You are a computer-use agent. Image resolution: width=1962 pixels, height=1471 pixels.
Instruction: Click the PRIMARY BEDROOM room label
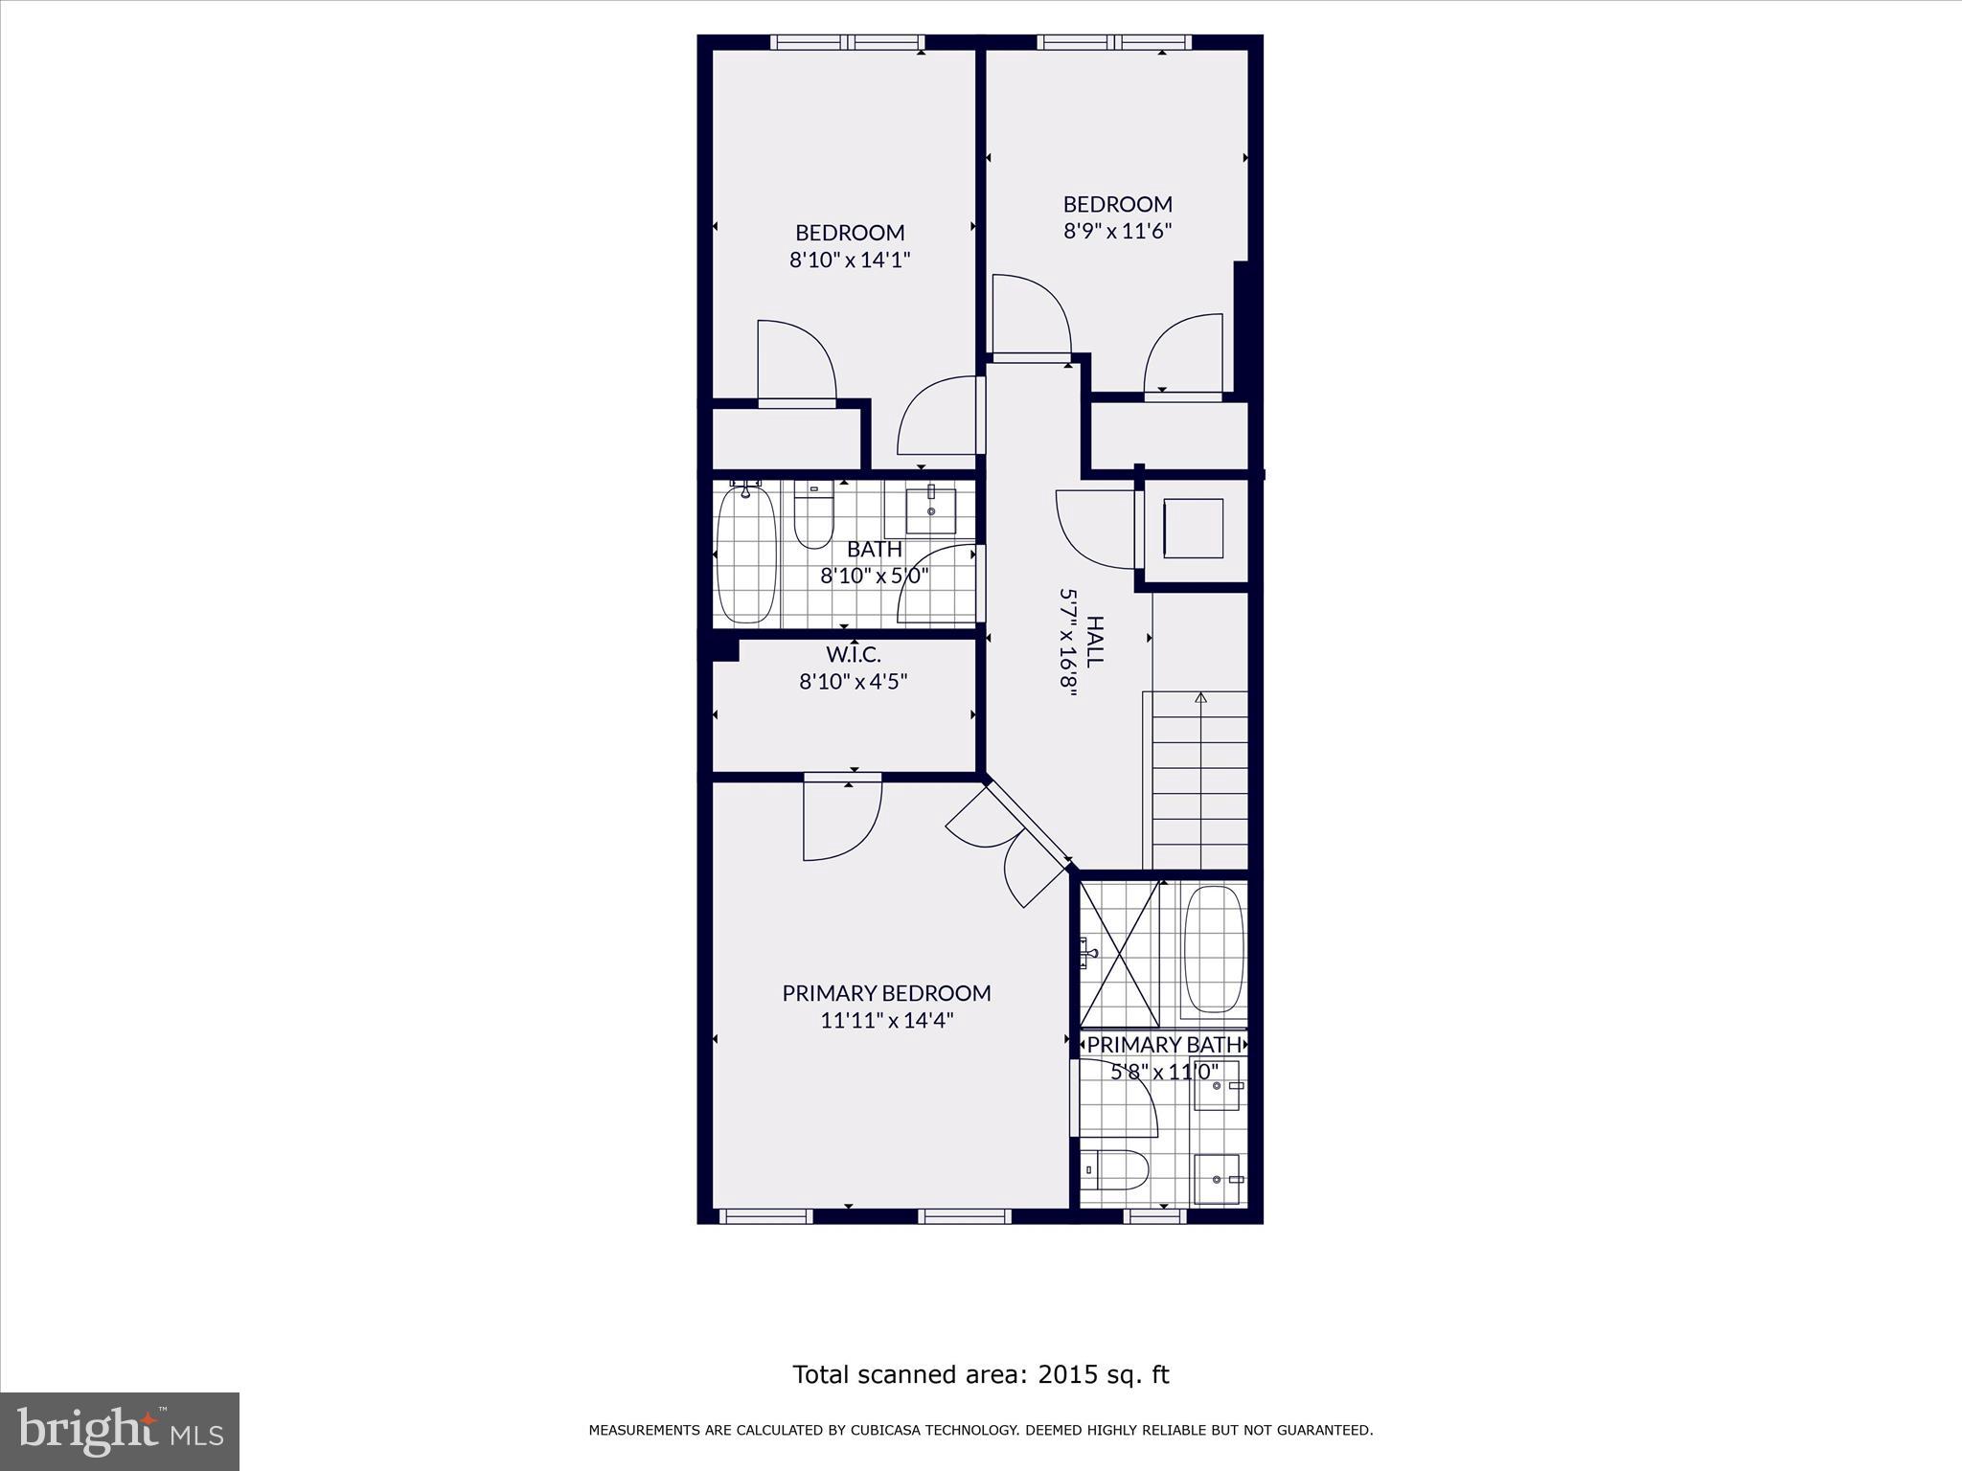point(886,993)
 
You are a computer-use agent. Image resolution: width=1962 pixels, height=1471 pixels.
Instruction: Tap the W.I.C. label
point(853,655)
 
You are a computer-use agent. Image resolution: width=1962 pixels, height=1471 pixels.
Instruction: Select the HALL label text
point(1095,642)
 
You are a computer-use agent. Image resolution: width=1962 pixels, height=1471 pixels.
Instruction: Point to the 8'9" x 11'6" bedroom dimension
point(1118,231)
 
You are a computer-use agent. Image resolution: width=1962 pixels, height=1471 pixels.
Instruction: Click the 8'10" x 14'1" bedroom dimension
point(850,260)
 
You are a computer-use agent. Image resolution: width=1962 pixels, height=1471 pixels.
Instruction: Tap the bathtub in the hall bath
point(746,555)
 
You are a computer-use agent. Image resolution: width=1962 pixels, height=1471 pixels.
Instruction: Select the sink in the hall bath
point(931,510)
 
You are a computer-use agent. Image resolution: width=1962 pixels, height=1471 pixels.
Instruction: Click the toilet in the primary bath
point(1115,1168)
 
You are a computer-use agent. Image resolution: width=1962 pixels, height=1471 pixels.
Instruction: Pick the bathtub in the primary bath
point(1214,949)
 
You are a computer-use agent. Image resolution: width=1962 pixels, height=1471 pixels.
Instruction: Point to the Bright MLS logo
point(120,1431)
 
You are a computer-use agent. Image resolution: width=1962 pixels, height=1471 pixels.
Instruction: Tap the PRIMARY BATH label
point(1164,1045)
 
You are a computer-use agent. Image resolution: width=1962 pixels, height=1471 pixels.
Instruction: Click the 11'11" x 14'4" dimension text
point(887,1021)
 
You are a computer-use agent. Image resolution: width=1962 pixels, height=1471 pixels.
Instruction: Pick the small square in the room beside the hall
point(1193,529)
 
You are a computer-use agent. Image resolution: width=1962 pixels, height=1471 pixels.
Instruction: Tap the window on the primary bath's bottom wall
point(1154,1216)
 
